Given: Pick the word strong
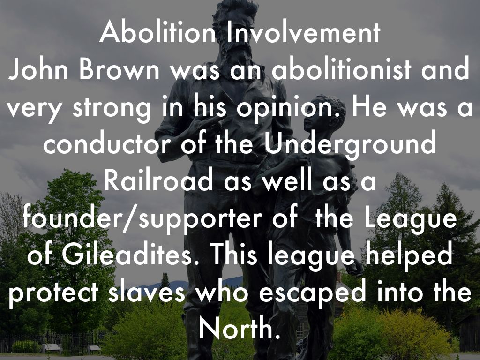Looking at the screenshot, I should click(112, 109).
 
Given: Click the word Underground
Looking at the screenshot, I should click(350, 146).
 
